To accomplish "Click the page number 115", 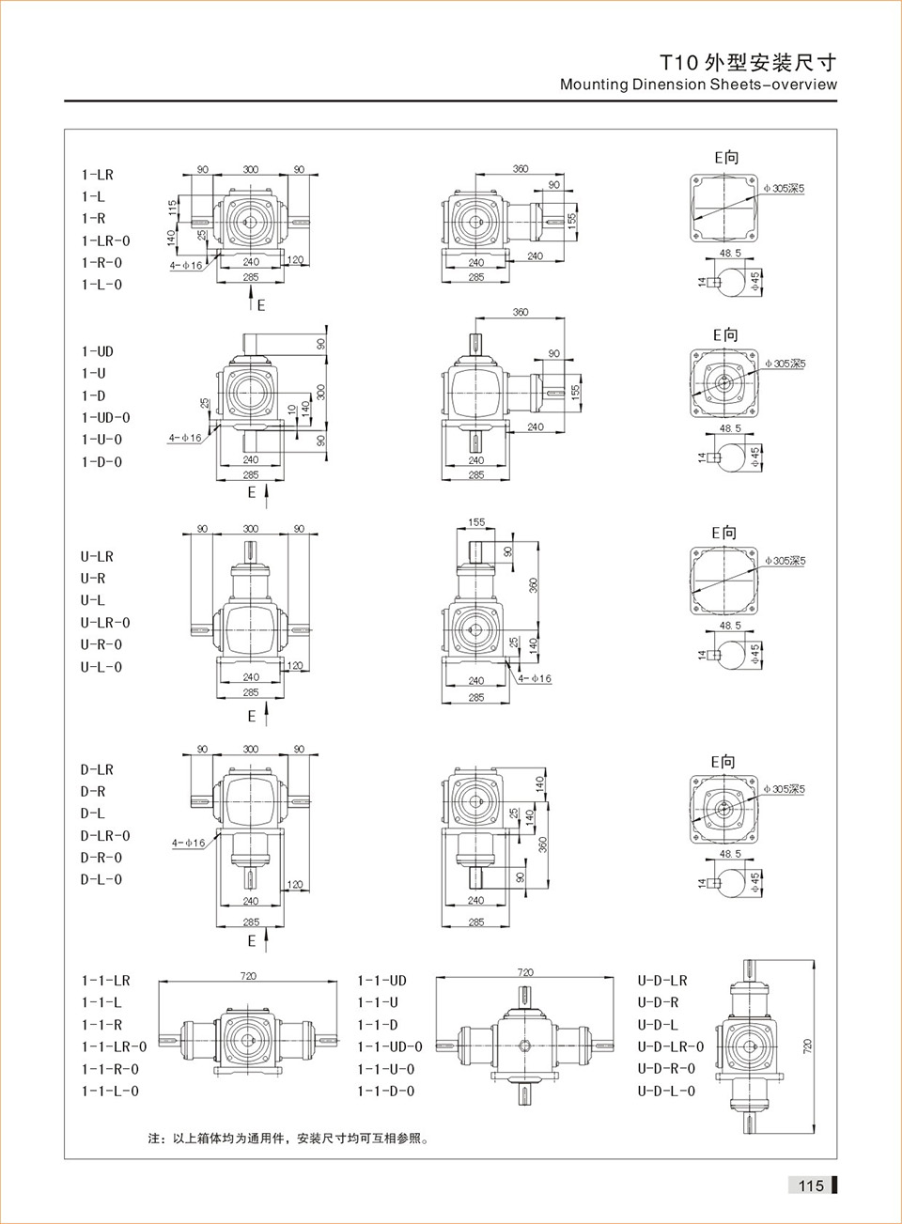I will coord(811,1185).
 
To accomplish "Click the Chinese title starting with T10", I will coord(747,63).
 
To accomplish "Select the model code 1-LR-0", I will coord(105,240).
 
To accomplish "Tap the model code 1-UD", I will coord(97,351).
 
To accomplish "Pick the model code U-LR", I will coord(96,556).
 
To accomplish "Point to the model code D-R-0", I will coord(101,858).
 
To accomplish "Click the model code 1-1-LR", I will coord(105,981).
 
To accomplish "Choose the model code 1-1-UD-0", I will coord(389,1046).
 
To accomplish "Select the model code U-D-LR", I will coord(662,981).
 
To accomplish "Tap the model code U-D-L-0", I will coord(666,1091).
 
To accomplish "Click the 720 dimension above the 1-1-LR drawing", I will coord(248,976).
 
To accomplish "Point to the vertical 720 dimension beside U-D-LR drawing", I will coord(808,1046).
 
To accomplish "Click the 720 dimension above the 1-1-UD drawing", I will coord(525,972).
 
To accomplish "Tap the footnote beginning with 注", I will coord(288,1139).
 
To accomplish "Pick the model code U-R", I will coord(92,579).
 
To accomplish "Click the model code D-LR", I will coord(96,769).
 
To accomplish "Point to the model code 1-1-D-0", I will coord(385,1091).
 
